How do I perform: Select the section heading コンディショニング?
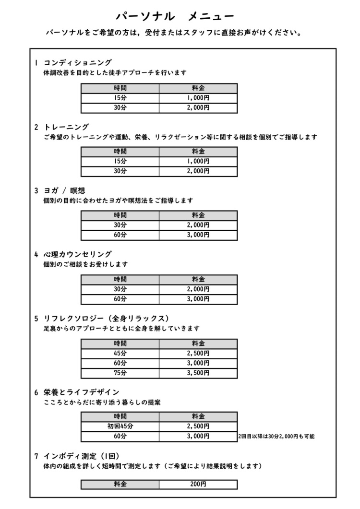(x=77, y=63)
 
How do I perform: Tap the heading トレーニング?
(x=66, y=127)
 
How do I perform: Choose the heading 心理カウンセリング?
(x=77, y=254)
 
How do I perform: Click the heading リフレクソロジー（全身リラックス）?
(x=107, y=319)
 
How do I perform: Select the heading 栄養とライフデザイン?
(x=82, y=392)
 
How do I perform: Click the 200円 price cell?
(x=198, y=485)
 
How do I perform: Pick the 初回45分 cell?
(x=120, y=426)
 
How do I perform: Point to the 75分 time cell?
(x=120, y=373)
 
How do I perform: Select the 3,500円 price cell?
(x=198, y=373)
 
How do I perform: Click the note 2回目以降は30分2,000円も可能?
(x=276, y=437)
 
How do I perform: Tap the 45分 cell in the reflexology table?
(x=120, y=353)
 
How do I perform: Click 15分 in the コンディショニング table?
(x=120, y=98)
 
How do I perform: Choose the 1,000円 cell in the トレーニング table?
(x=198, y=162)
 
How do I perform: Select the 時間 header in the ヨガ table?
(x=120, y=215)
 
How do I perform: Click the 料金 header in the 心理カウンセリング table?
(x=198, y=279)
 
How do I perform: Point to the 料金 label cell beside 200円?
(x=120, y=485)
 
